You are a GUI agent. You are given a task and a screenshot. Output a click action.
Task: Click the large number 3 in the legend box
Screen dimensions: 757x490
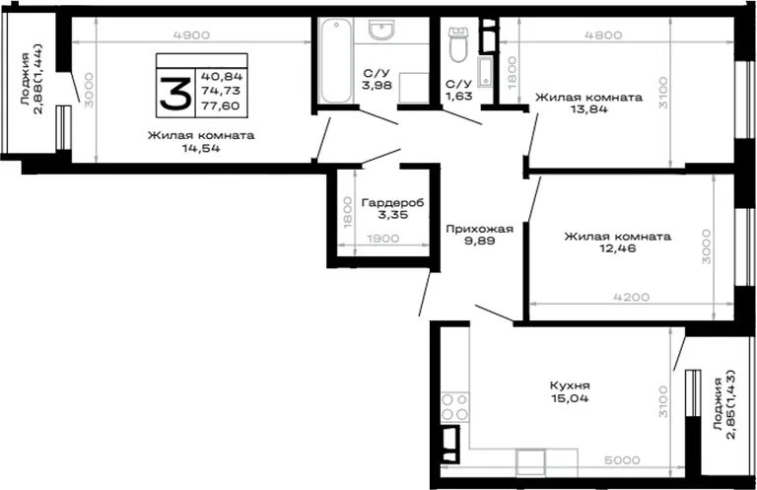(x=175, y=93)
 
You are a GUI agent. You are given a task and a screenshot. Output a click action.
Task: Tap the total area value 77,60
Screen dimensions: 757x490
(x=221, y=105)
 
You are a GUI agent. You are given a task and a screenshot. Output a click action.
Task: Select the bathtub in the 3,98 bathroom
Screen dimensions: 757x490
(x=336, y=60)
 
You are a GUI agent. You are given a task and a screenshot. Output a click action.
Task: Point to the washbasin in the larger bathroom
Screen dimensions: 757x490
(x=381, y=30)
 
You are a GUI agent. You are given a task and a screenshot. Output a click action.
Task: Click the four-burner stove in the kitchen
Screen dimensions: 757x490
(x=454, y=407)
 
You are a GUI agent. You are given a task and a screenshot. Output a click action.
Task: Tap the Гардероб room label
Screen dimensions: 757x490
(x=392, y=203)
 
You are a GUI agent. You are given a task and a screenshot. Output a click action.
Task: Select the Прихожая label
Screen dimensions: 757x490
(x=479, y=229)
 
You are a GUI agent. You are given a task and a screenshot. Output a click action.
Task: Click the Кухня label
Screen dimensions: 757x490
(x=570, y=385)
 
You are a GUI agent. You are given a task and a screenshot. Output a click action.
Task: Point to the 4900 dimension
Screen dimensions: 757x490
(x=191, y=35)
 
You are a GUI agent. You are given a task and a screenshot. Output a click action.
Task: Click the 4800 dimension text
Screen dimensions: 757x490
(x=603, y=35)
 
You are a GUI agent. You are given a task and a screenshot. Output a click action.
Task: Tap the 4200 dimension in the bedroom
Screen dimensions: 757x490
(x=632, y=297)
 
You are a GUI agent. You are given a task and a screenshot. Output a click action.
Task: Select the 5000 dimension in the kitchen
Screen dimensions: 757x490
(x=622, y=460)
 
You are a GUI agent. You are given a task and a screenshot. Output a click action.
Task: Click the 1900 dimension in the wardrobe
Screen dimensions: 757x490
(x=383, y=239)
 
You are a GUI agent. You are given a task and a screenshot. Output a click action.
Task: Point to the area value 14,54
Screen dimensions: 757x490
(x=201, y=148)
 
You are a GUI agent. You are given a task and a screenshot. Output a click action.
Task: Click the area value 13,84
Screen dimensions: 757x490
(x=588, y=109)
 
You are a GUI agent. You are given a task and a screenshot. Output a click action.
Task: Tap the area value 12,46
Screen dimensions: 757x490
(x=617, y=248)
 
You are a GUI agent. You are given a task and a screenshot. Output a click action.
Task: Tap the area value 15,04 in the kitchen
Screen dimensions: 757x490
(x=570, y=398)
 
